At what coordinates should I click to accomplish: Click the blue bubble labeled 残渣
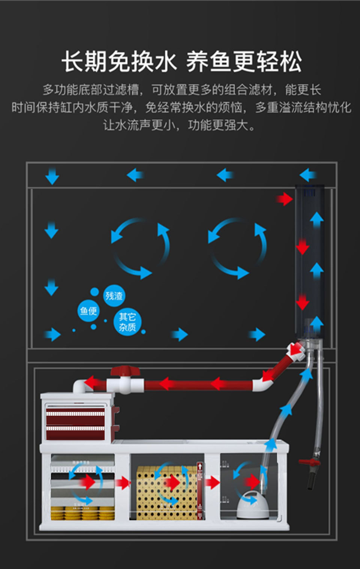click(x=114, y=296)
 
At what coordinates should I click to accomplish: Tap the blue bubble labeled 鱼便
click(x=88, y=311)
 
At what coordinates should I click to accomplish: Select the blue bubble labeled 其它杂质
click(x=127, y=322)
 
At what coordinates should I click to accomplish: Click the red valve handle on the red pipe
click(x=125, y=371)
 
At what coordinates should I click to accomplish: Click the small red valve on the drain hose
click(x=310, y=462)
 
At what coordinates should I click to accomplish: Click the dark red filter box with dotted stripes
click(x=75, y=424)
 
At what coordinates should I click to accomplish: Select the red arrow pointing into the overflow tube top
click(x=285, y=199)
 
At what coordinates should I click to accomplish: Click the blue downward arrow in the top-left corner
click(x=52, y=176)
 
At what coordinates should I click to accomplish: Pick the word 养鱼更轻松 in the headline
click(x=244, y=62)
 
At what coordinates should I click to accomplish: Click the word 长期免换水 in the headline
click(x=119, y=62)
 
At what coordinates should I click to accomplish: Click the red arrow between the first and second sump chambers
click(x=122, y=483)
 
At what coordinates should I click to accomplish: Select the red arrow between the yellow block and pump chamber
click(x=212, y=482)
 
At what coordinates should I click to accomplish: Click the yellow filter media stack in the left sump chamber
click(x=82, y=513)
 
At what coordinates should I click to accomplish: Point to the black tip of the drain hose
click(x=311, y=482)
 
